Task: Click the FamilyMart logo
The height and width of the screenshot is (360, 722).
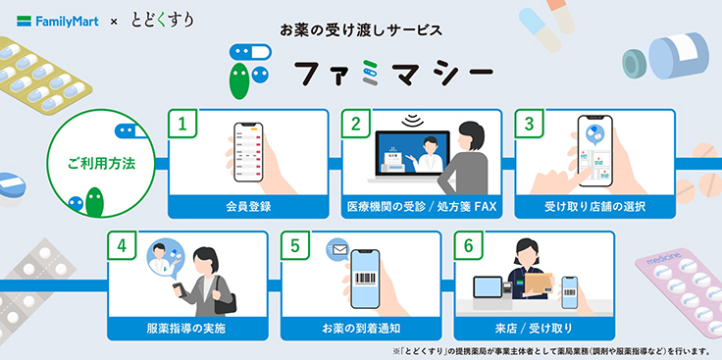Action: [58, 22]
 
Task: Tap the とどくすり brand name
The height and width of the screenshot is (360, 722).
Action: [163, 21]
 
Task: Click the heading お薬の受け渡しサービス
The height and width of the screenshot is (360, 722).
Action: [361, 30]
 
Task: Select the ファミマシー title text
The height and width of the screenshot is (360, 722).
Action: [393, 74]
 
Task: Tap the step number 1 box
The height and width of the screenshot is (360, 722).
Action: [182, 124]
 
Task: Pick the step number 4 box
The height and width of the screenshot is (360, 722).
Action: [122, 245]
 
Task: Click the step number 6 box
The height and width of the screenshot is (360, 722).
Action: [468, 245]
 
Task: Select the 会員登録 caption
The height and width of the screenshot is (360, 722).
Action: [248, 207]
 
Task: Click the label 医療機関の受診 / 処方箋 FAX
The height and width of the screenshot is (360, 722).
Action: [422, 207]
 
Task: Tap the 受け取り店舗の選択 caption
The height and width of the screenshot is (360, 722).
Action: [594, 207]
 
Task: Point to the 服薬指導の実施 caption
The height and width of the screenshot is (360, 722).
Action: [187, 329]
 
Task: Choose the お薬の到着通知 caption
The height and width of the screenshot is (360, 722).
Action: [361, 329]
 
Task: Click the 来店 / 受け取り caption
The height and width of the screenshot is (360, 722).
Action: [534, 329]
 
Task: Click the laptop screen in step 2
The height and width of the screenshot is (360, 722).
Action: [413, 153]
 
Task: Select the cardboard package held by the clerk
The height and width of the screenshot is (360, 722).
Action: [539, 283]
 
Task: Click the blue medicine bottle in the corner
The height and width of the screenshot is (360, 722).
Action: [678, 56]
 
